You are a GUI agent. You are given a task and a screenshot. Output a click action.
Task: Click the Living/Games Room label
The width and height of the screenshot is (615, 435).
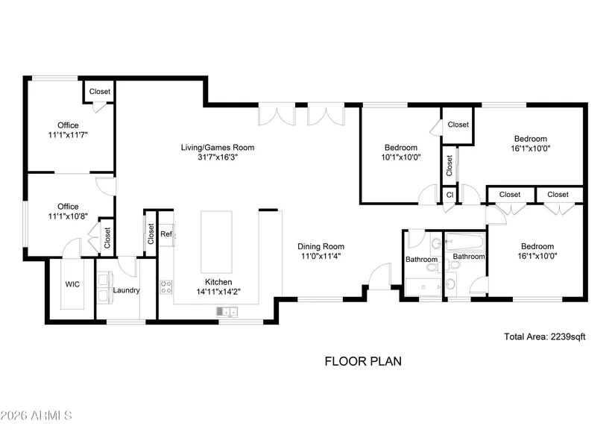pyautogui.click(x=217, y=148)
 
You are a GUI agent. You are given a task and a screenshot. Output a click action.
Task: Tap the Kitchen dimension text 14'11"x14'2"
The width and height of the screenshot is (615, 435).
pyautogui.click(x=218, y=292)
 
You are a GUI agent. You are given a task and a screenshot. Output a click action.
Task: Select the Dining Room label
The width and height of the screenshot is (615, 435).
pyautogui.click(x=321, y=246)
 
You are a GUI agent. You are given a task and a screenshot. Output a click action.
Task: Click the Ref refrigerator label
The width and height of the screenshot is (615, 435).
pyautogui.click(x=166, y=234)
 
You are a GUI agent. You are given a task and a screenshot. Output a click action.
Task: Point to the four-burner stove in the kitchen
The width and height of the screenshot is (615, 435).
pyautogui.click(x=166, y=287)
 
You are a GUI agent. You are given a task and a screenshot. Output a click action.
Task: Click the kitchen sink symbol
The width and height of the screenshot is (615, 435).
pyautogui.click(x=227, y=312)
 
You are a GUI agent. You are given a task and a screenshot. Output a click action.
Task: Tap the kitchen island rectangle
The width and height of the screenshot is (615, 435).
pyautogui.click(x=216, y=242)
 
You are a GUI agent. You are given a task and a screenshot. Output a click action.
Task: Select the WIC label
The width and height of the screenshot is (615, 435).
pyautogui.click(x=72, y=284)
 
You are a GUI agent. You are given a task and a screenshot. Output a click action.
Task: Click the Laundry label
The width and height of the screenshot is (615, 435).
pyautogui.click(x=126, y=290)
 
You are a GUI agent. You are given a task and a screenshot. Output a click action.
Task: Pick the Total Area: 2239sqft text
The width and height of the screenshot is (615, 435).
pyautogui.click(x=544, y=337)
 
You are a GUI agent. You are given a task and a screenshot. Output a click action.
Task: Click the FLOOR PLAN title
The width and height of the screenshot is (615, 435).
pyautogui.click(x=363, y=361)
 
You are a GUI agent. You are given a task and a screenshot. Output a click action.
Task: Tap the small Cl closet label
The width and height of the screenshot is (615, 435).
pyautogui.click(x=450, y=195)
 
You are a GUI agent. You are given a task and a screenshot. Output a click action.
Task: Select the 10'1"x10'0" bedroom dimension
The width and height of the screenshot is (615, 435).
pyautogui.click(x=401, y=157)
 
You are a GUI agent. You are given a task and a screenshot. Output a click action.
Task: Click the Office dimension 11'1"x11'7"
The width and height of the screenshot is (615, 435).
pyautogui.click(x=68, y=135)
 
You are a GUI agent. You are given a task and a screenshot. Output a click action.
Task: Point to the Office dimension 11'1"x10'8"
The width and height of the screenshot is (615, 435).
pyautogui.click(x=68, y=216)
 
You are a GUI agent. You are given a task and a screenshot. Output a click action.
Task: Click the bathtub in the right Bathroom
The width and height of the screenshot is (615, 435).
pyautogui.click(x=464, y=242)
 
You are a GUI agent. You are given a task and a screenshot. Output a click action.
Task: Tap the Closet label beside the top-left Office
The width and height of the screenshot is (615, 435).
pyautogui.click(x=100, y=92)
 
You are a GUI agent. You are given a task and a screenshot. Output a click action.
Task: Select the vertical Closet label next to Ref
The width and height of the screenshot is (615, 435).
pyautogui.click(x=151, y=234)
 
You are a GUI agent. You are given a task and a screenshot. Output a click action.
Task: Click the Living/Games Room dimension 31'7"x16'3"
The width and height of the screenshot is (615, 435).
pyautogui.click(x=218, y=157)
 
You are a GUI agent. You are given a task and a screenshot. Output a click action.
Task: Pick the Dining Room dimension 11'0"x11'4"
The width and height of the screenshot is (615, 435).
pyautogui.click(x=321, y=257)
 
